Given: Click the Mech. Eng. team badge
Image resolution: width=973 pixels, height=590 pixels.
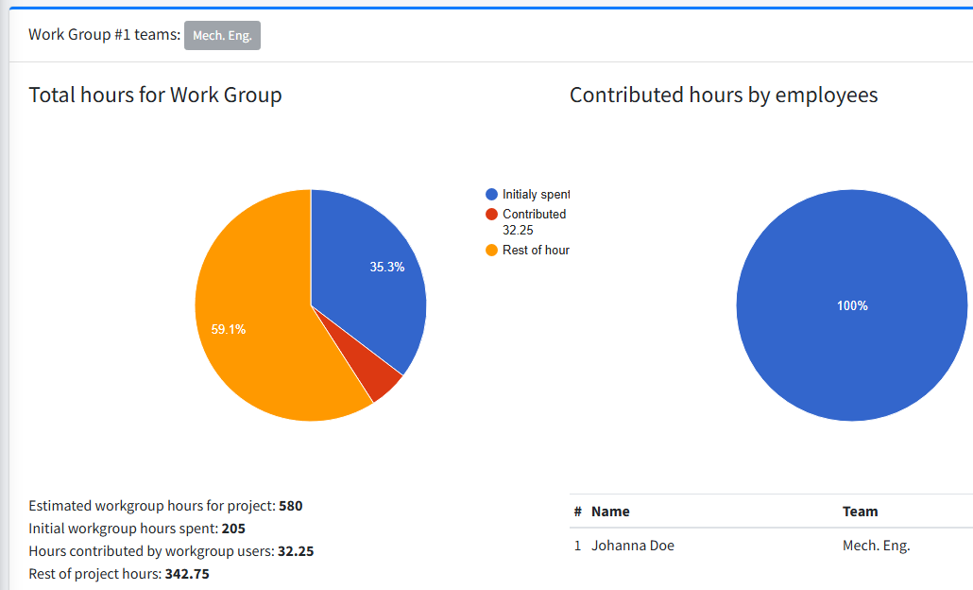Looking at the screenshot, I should pyautogui.click(x=222, y=36).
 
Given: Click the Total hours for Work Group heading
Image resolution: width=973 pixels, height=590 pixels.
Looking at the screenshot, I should pyautogui.click(x=155, y=95).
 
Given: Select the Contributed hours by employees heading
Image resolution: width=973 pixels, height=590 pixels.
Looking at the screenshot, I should pyautogui.click(x=724, y=95).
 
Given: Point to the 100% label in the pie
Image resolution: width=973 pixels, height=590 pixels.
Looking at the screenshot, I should pyautogui.click(x=852, y=306).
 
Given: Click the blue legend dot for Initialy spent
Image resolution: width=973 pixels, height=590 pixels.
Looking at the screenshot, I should pyautogui.click(x=491, y=195).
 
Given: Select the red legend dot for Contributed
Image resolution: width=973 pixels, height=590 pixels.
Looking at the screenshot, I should pyautogui.click(x=491, y=215).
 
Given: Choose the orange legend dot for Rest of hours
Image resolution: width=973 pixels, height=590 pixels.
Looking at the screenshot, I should pyautogui.click(x=491, y=251).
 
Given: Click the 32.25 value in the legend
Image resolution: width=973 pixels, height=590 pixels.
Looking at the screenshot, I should pyautogui.click(x=519, y=230).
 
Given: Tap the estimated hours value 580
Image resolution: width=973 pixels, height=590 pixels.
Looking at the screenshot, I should pyautogui.click(x=291, y=506).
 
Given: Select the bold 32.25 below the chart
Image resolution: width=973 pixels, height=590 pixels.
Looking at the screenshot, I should pyautogui.click(x=296, y=551).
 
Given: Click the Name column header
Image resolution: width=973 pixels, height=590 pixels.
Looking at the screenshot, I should pyautogui.click(x=610, y=512).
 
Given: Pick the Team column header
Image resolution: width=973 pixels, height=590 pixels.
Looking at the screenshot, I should pyautogui.click(x=860, y=512).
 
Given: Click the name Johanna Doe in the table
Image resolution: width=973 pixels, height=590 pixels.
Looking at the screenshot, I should pyautogui.click(x=632, y=546).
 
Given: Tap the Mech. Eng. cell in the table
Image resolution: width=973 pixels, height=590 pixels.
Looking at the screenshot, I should pyautogui.click(x=876, y=546).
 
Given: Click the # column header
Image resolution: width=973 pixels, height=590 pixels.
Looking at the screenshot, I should pyautogui.click(x=577, y=512).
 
